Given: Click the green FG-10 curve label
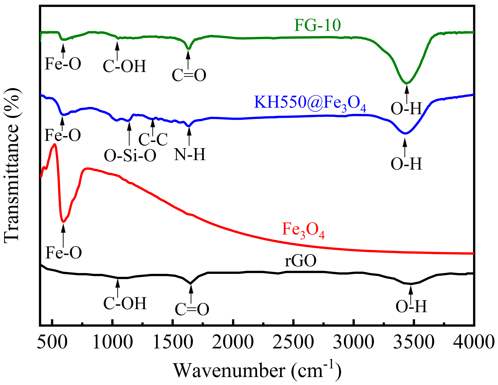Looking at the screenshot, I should (x=317, y=25).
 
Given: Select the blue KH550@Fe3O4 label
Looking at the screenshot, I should (x=310, y=103).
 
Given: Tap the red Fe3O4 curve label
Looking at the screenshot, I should (x=303, y=230).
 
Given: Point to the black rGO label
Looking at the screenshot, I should (x=301, y=261).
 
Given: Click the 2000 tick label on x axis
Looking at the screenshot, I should (x=233, y=342).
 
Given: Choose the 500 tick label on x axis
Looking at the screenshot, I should (x=52, y=342).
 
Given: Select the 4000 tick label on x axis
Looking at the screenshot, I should (x=473, y=342).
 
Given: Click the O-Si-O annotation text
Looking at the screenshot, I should (x=130, y=156).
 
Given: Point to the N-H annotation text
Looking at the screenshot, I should (x=190, y=154).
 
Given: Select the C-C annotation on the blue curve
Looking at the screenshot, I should (x=153, y=139).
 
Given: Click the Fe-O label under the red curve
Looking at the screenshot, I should (x=63, y=252).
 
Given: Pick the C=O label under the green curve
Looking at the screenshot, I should (x=189, y=75).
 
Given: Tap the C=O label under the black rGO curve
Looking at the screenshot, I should (x=192, y=309).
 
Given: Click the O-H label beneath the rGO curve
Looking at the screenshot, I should (x=411, y=306).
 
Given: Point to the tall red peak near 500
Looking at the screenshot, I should (x=55, y=144).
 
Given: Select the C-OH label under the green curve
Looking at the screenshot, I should (x=124, y=66).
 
